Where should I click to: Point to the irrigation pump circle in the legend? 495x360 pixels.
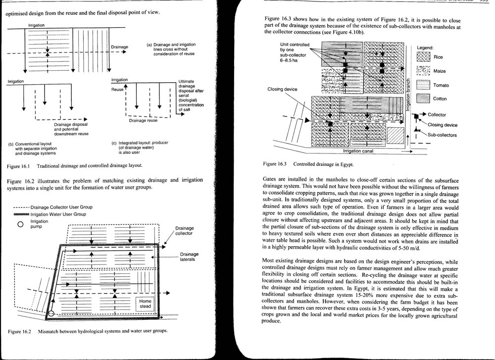[20, 224]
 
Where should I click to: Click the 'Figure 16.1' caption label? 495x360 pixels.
[20, 166]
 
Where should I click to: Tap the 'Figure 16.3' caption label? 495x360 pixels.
[276, 163]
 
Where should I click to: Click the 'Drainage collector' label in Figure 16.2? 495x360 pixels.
[184, 231]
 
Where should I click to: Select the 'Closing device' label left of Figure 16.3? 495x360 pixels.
[282, 89]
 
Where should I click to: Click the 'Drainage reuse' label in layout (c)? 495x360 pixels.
[143, 120]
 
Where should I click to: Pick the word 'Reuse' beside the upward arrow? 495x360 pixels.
[117, 90]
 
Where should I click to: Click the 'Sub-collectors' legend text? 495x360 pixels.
[442, 135]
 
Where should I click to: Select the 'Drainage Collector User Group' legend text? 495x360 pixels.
[61, 207]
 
